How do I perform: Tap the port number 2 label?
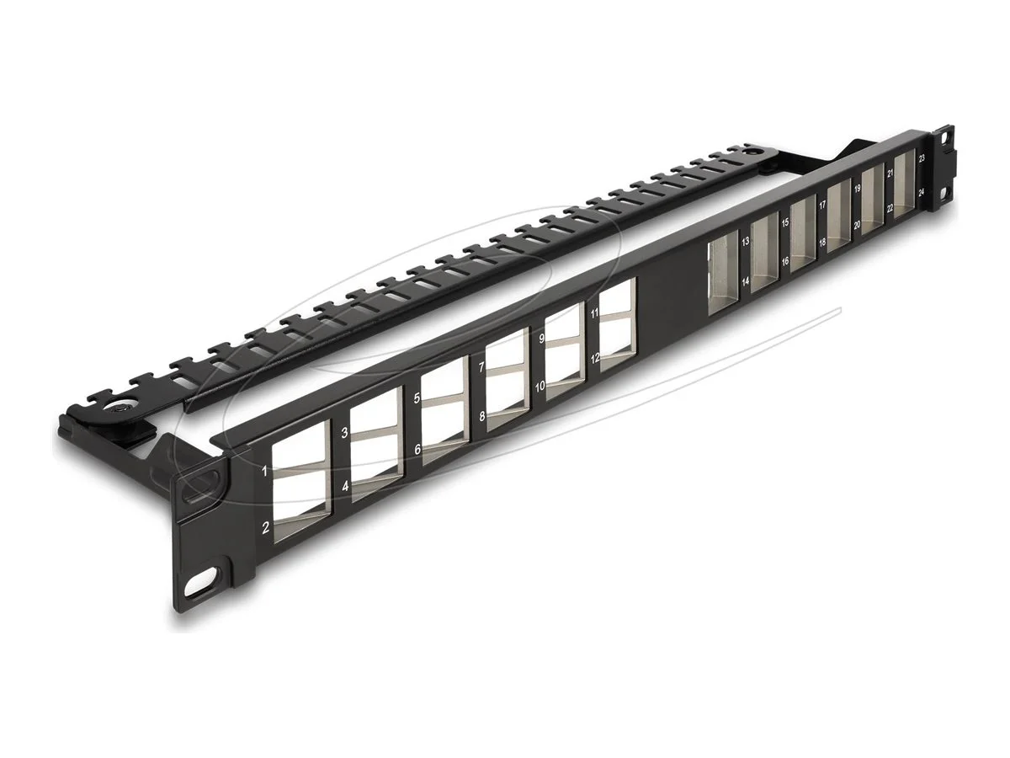[x=265, y=528]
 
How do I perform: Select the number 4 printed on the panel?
[x=344, y=487]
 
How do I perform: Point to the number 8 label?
[x=481, y=416]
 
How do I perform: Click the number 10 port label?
[x=540, y=385]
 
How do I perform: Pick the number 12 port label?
[x=594, y=357]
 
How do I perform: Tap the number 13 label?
[x=745, y=241]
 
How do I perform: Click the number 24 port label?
[x=922, y=192]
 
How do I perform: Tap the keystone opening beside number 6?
[x=446, y=429]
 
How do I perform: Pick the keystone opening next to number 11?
[x=618, y=298]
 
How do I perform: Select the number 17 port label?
[x=821, y=206]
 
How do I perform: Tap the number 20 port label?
[x=856, y=225]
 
